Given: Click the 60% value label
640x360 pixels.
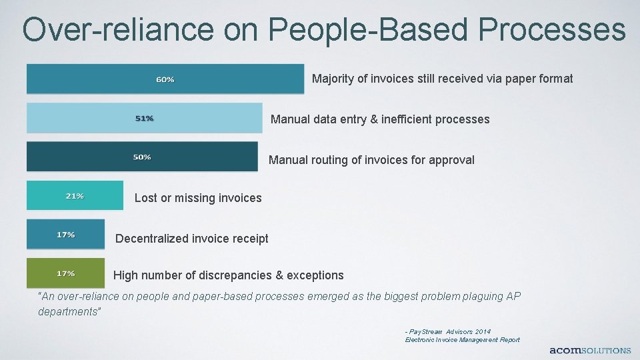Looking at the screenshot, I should (x=165, y=79).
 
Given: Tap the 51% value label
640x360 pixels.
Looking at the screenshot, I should (x=145, y=118).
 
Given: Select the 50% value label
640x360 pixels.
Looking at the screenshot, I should (x=142, y=157).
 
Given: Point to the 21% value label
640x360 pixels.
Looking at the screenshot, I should (x=75, y=196).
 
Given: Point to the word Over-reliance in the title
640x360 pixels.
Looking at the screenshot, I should (x=119, y=29).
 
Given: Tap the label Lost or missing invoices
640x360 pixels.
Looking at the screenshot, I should (x=198, y=198).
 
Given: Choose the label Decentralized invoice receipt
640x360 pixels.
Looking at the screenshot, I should (x=192, y=239).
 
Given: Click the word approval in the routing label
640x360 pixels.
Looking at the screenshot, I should (x=452, y=160).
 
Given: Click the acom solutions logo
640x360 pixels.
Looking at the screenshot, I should (x=589, y=350).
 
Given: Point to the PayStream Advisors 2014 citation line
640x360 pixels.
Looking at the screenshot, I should (x=447, y=331).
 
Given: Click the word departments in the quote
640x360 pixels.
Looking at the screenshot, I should (x=69, y=311).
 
